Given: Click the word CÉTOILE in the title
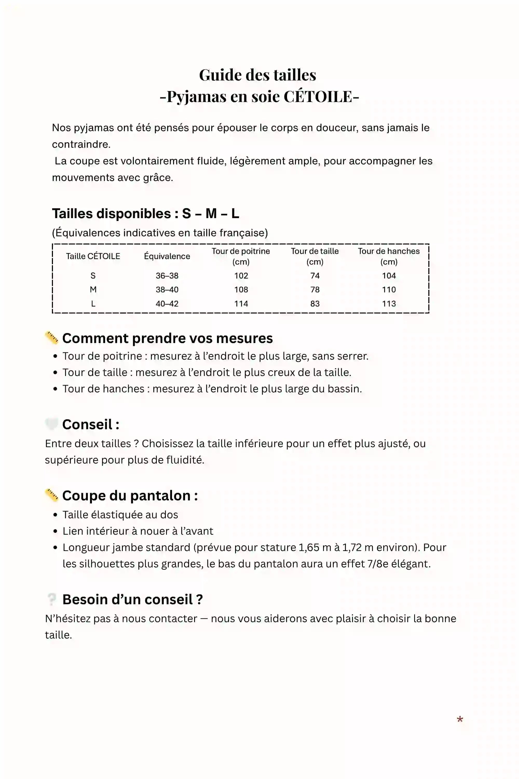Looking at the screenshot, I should tap(318, 97).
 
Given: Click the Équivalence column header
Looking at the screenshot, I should tap(167, 256).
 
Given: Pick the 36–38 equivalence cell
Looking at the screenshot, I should tap(167, 276).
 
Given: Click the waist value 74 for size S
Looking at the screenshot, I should tap(315, 276).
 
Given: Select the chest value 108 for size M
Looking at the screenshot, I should tap(241, 290).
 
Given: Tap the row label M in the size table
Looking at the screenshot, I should tap(93, 290).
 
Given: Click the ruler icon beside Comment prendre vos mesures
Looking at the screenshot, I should tap(52, 338).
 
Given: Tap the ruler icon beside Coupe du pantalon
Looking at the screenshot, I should tap(52, 495).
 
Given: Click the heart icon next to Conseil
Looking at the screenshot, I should tap(52, 424).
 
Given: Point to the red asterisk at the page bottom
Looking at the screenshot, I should tap(460, 719).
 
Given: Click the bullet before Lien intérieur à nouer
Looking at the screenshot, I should tap(55, 531).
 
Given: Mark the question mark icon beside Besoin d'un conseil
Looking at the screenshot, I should tap(52, 599).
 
